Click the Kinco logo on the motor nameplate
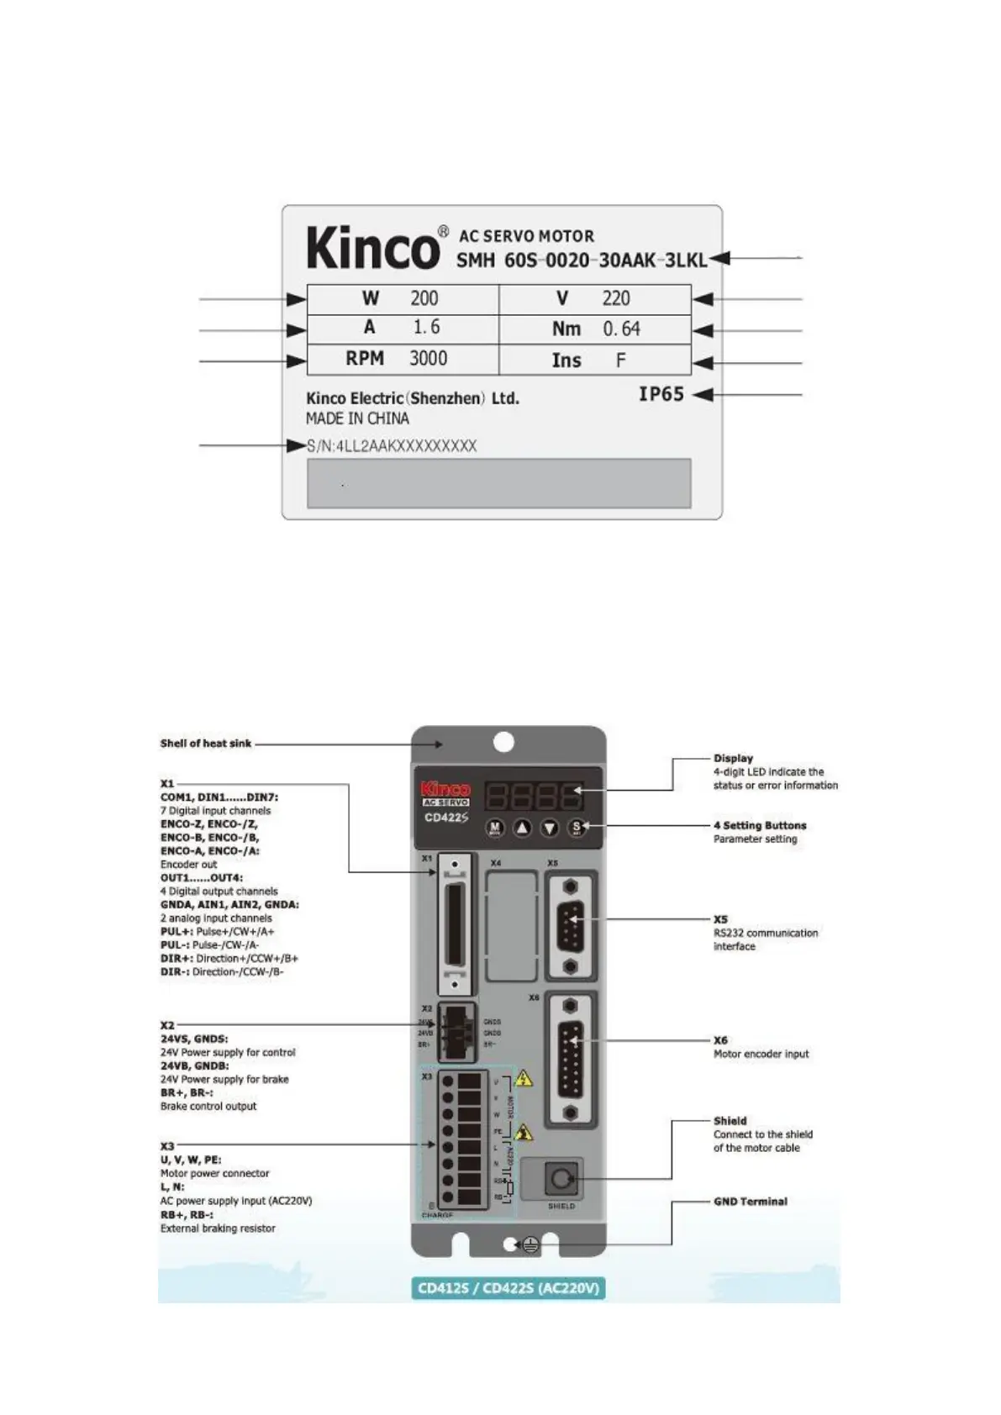tap(372, 248)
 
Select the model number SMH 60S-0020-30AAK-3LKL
tap(581, 260)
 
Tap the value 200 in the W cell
tap(424, 298)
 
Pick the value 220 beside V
tap(616, 298)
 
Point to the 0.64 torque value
tap(621, 329)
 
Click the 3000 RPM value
tap(428, 359)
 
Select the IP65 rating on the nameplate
tap(661, 394)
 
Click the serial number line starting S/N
tap(392, 446)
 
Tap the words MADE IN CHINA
tap(357, 418)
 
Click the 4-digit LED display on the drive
tap(533, 794)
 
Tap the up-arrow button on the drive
tap(522, 828)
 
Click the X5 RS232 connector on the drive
tap(571, 927)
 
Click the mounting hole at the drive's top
tap(503, 742)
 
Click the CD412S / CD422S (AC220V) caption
tap(508, 1288)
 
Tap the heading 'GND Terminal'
tap(751, 1202)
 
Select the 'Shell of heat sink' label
tap(206, 744)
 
